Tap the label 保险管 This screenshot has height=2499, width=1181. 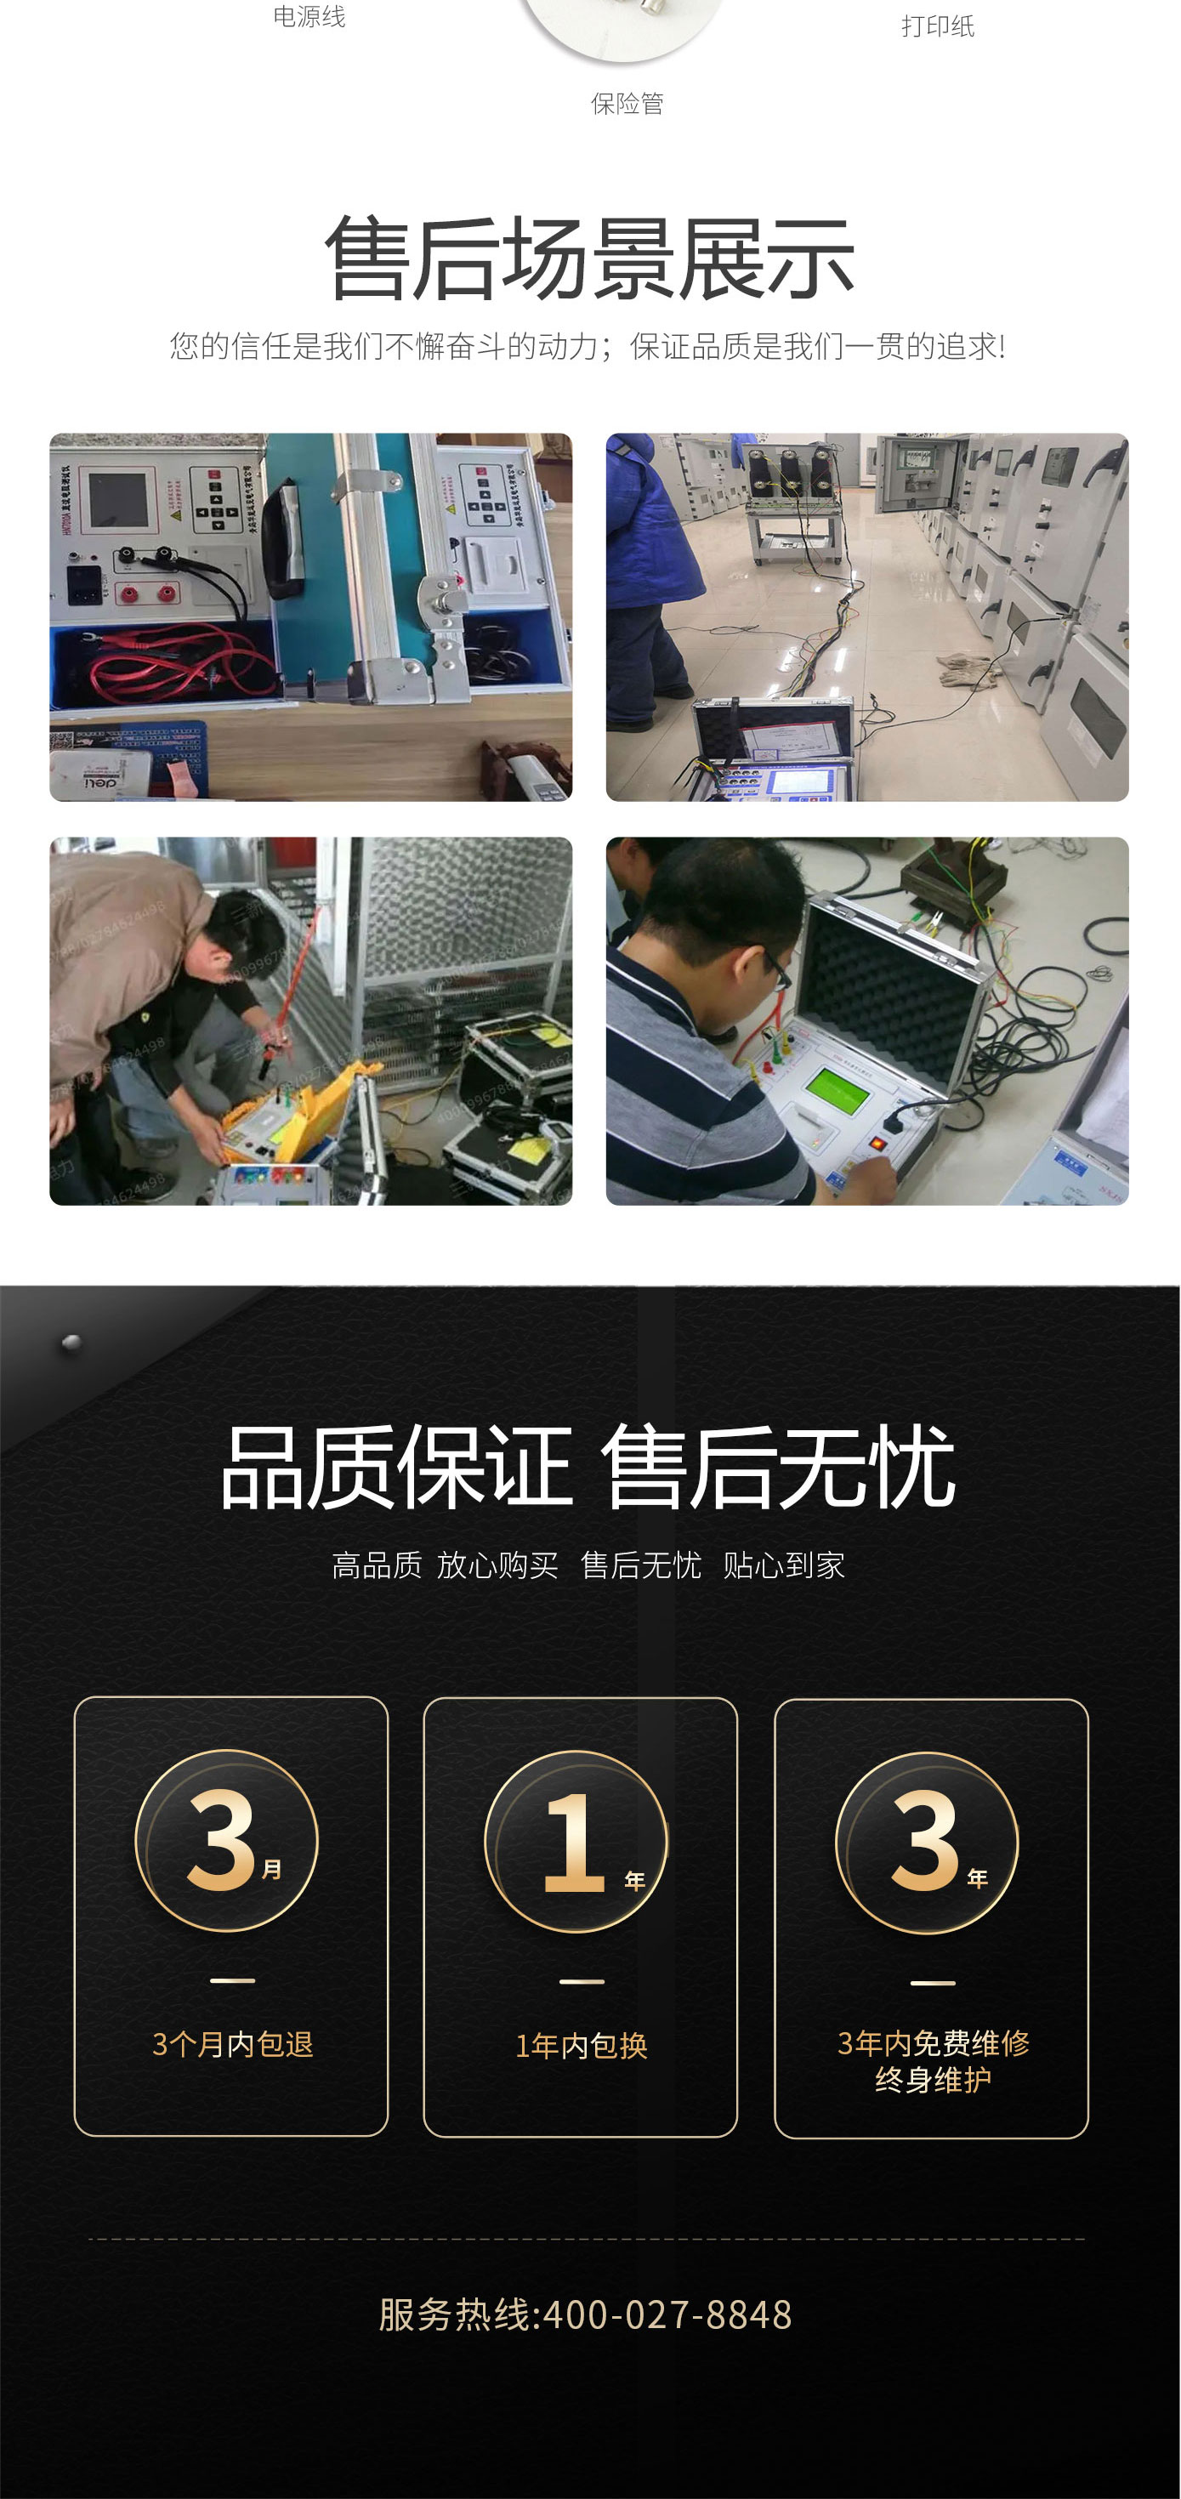[627, 104]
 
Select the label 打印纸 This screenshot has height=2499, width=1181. [938, 26]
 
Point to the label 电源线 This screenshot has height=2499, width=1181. [309, 16]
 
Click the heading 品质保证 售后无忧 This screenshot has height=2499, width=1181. [588, 1468]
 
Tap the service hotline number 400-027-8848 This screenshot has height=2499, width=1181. [667, 2315]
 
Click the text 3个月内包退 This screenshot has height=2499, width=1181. [233, 2044]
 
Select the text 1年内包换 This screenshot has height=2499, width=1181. [582, 2045]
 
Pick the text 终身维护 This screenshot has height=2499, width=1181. [933, 2080]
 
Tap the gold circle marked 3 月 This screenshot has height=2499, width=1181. [227, 1840]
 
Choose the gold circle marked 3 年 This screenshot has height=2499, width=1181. [927, 1843]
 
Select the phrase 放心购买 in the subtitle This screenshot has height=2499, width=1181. [497, 1565]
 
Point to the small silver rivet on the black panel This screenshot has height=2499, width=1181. [71, 1343]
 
